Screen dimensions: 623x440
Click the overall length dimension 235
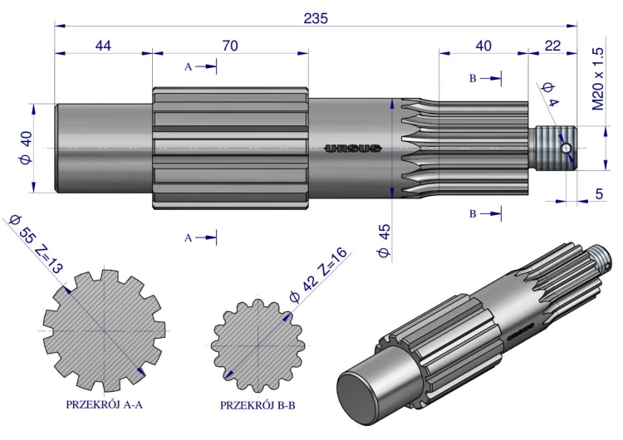coord(316,18)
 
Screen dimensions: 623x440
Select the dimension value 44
coord(103,46)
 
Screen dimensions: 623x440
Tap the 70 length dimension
coord(230,46)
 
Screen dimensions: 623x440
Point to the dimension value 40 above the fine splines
coord(483,46)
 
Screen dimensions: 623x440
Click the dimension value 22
coord(552,46)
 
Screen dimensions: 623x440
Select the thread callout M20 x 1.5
coord(598,79)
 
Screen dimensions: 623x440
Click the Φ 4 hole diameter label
coord(550,95)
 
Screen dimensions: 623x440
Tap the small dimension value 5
coord(599,193)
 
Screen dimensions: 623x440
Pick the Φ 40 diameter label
coord(27,148)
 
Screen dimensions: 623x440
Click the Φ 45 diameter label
coord(385,241)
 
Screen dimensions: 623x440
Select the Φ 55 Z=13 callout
coord(36,244)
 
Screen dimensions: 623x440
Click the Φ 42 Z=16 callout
coord(319,275)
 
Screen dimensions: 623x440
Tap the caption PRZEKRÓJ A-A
coord(104,404)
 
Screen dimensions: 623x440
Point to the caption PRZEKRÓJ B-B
coord(258,405)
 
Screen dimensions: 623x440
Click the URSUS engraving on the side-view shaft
coord(353,149)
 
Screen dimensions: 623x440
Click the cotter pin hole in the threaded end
coord(566,149)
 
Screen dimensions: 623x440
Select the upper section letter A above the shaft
coord(188,66)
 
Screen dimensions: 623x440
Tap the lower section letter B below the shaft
coord(473,214)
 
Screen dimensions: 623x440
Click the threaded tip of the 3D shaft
coord(601,257)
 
